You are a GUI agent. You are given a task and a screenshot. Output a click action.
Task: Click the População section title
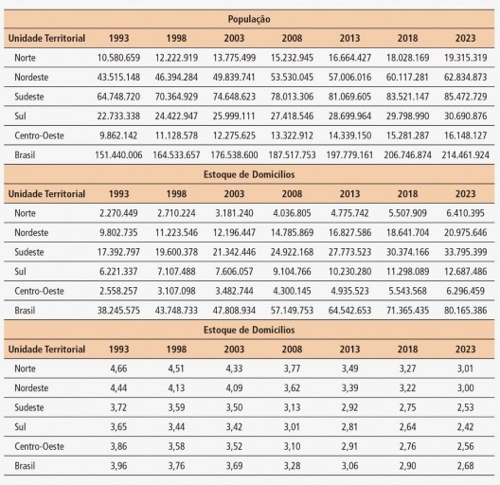[249, 19]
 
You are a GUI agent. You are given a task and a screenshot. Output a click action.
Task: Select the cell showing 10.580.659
[118, 58]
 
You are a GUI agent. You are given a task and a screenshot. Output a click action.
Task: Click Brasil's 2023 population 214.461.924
[464, 154]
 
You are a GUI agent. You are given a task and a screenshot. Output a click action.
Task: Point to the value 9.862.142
[118, 135]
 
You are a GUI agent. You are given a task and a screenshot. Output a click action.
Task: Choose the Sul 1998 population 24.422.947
[176, 117]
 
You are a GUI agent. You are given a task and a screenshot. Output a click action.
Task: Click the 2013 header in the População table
[348, 38]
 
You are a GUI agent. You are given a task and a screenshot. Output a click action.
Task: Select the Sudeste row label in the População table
[30, 98]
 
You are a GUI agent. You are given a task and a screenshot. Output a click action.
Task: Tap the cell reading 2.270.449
[118, 213]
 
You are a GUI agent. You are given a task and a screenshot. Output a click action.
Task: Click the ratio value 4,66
[118, 368]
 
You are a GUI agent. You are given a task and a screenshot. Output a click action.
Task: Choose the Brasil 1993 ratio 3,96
[118, 465]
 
